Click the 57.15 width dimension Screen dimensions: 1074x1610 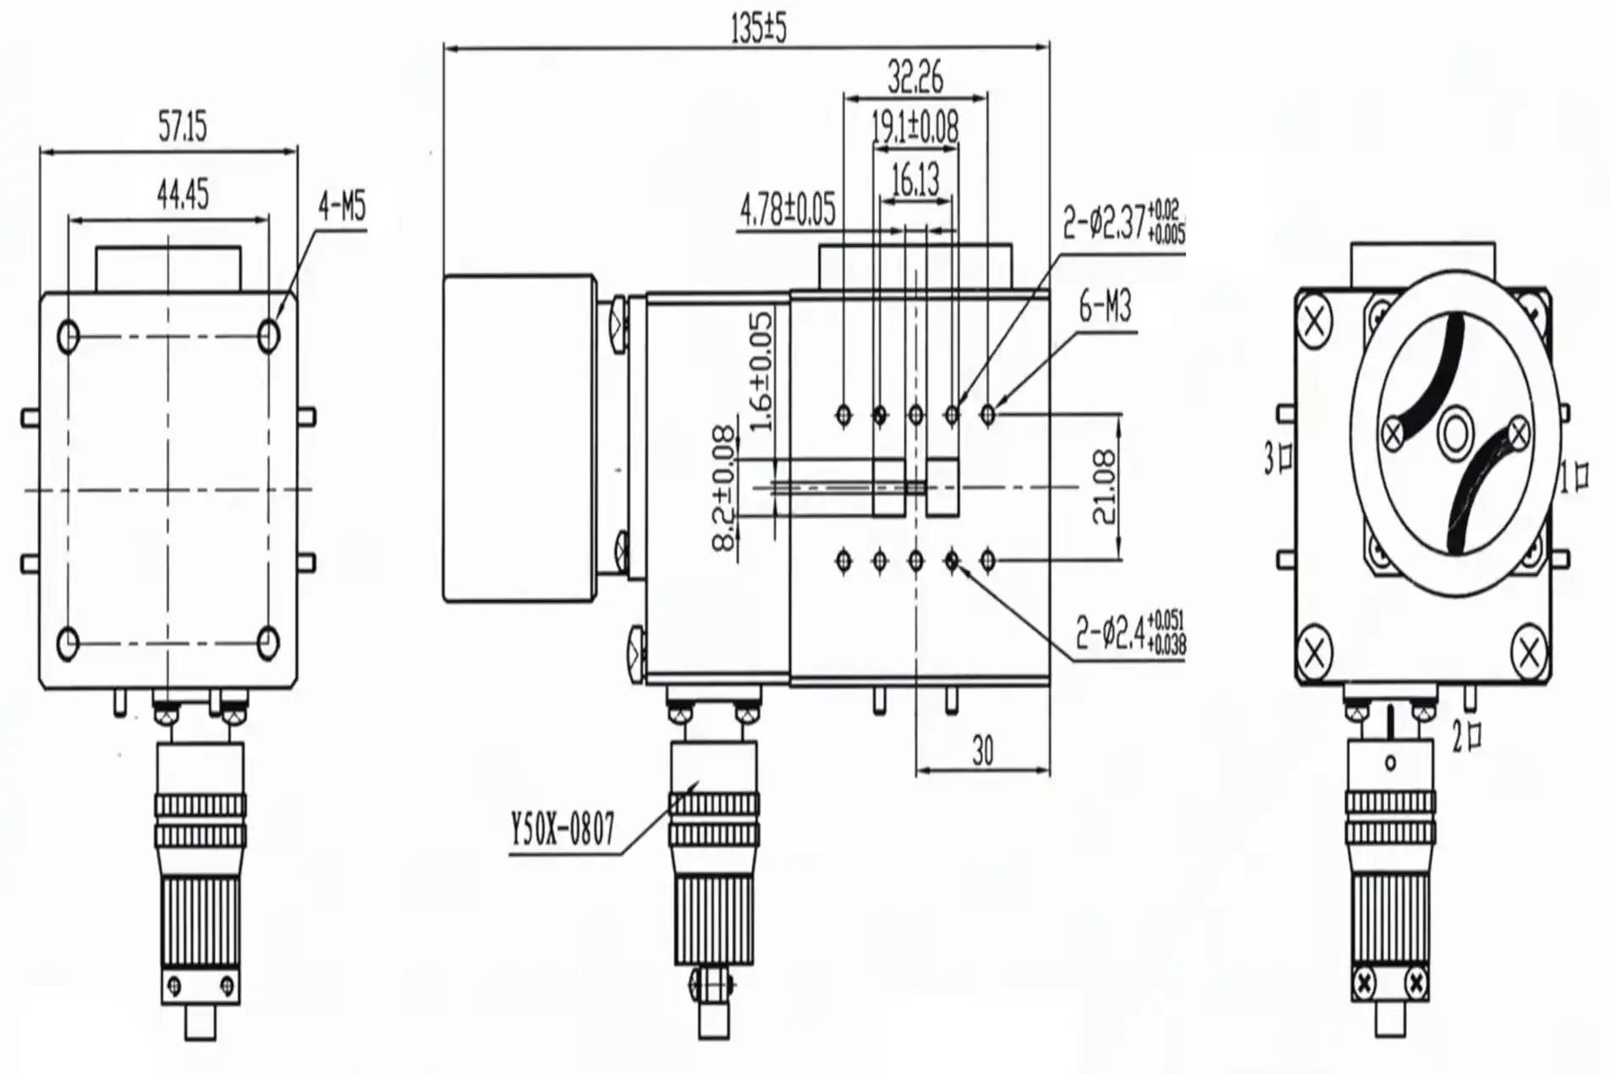point(182,128)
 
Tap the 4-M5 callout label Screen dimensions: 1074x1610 point(342,206)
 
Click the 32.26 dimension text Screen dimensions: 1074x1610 point(915,78)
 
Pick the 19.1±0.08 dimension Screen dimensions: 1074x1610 point(915,128)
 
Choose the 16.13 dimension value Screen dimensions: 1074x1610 point(915,179)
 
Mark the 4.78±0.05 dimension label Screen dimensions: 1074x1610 point(787,210)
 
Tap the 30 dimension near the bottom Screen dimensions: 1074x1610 point(982,751)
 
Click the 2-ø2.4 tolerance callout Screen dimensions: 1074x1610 point(1130,631)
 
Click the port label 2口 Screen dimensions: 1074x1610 point(1467,735)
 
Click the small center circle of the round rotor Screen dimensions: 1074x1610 point(1455,435)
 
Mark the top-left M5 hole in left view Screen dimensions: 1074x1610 point(69,337)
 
